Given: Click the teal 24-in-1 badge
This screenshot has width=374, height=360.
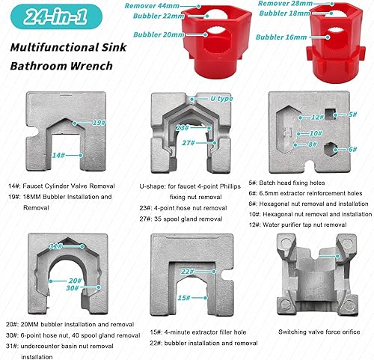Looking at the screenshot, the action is [x=56, y=16].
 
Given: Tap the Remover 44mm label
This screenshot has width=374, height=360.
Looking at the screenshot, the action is [x=152, y=6].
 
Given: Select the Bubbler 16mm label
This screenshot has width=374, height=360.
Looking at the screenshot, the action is [x=281, y=37].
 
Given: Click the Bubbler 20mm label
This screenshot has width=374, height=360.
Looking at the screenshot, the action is [x=159, y=34].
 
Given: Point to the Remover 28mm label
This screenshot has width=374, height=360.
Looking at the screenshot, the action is [x=285, y=4].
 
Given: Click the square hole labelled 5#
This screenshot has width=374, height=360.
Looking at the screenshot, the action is [x=330, y=115].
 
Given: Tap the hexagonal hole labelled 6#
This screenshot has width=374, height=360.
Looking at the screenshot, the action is [x=331, y=150].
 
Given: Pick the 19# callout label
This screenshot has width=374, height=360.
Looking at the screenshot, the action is [x=99, y=123].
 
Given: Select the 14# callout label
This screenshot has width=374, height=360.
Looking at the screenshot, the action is [x=58, y=155].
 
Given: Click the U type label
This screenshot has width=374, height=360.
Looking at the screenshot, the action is [x=221, y=99].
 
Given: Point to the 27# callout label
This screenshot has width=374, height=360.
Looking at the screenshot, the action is [x=188, y=143].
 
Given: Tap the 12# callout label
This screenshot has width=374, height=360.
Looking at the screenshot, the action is [x=317, y=117].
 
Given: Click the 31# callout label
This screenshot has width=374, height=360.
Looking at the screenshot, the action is [x=55, y=246].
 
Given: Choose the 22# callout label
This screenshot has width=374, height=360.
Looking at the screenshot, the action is [x=188, y=272].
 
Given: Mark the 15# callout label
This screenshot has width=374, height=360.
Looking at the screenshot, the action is [x=184, y=298].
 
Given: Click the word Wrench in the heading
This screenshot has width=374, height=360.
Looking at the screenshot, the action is [x=91, y=66].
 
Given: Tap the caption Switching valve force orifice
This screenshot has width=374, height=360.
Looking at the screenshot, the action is [x=319, y=332].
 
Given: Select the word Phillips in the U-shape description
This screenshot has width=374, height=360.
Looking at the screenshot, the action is [x=230, y=186].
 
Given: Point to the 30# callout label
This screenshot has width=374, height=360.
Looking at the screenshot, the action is [x=73, y=288].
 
